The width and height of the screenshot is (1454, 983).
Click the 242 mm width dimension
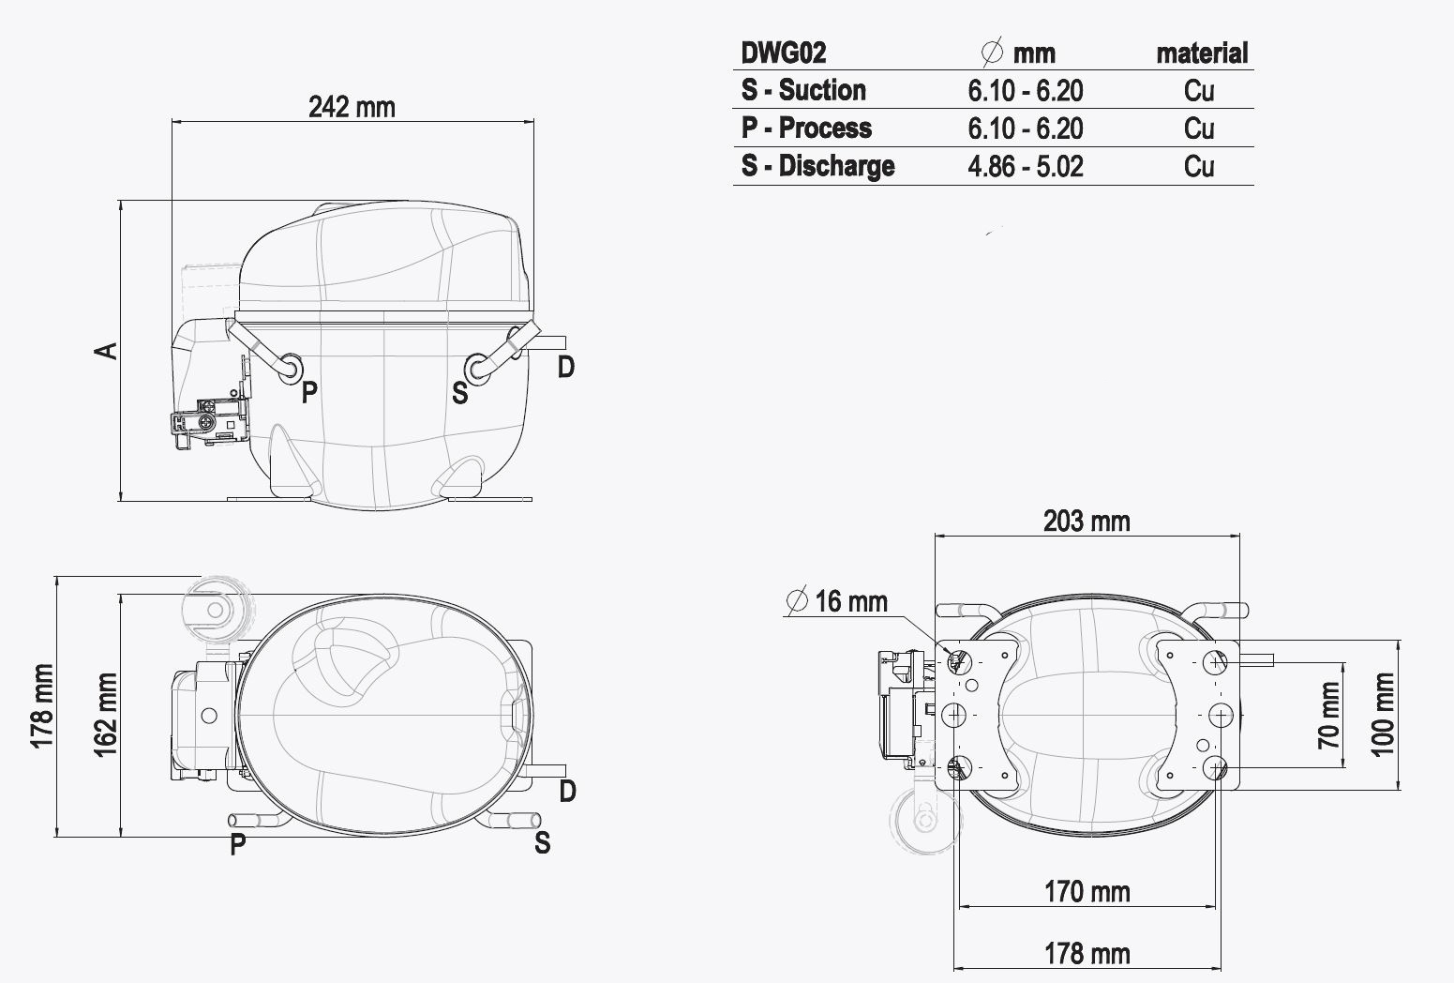point(352,107)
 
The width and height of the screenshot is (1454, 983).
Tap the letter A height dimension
point(107,351)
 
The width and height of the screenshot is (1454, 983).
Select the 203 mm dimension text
point(1087,521)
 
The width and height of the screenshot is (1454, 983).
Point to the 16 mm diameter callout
point(837,601)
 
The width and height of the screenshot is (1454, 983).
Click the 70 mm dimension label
point(1328,715)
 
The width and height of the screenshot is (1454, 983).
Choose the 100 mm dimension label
point(1383,714)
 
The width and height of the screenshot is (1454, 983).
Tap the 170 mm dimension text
point(1087,891)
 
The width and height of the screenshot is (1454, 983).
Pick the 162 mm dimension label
point(106,715)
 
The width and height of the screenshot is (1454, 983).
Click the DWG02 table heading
point(784,53)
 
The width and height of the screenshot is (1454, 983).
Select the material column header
point(1202,53)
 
